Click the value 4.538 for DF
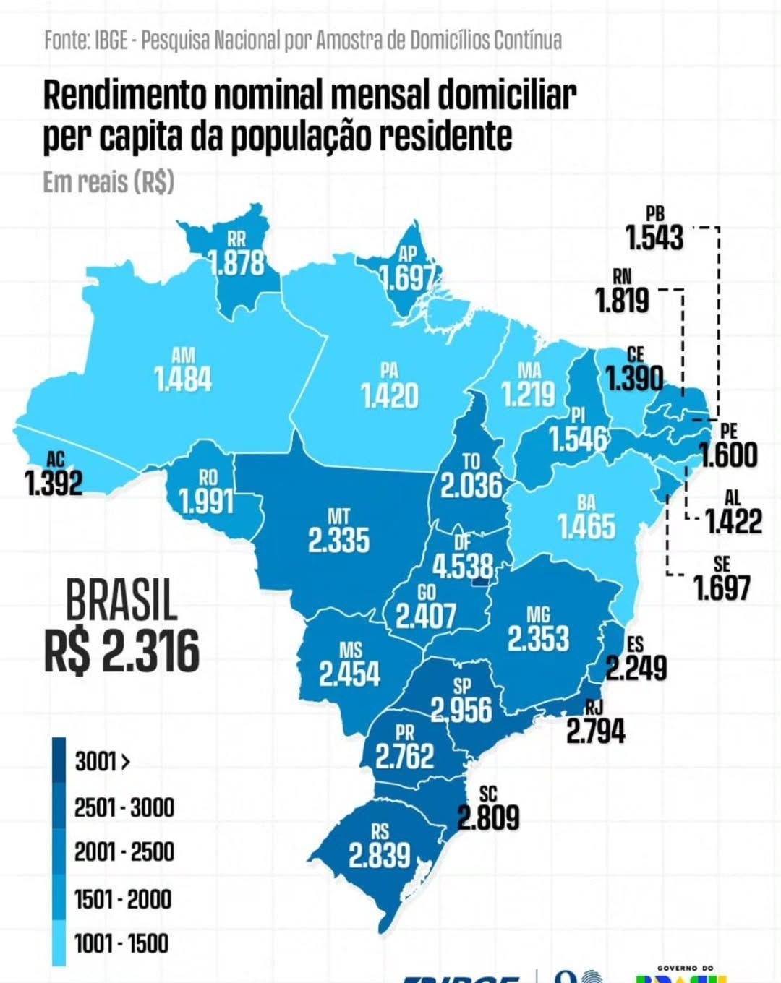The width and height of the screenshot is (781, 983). [x=463, y=566]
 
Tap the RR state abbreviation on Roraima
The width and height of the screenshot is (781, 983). [x=236, y=239]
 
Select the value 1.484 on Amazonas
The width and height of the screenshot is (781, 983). [x=183, y=379]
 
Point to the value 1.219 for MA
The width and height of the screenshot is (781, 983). [x=529, y=395]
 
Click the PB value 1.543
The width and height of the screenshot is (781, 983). [x=654, y=238]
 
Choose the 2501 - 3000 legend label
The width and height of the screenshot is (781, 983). [x=124, y=807]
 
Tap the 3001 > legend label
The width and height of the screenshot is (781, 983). [x=102, y=762]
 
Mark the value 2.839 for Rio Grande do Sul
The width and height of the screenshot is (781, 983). [x=380, y=856]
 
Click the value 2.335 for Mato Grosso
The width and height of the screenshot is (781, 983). [x=338, y=541]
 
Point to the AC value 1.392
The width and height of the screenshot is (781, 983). [x=54, y=484]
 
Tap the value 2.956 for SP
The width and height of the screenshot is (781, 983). [x=461, y=711]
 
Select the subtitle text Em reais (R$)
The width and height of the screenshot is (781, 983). [x=108, y=182]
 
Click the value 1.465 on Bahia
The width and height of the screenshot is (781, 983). [x=586, y=527]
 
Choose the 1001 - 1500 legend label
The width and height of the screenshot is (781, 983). [x=121, y=943]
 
